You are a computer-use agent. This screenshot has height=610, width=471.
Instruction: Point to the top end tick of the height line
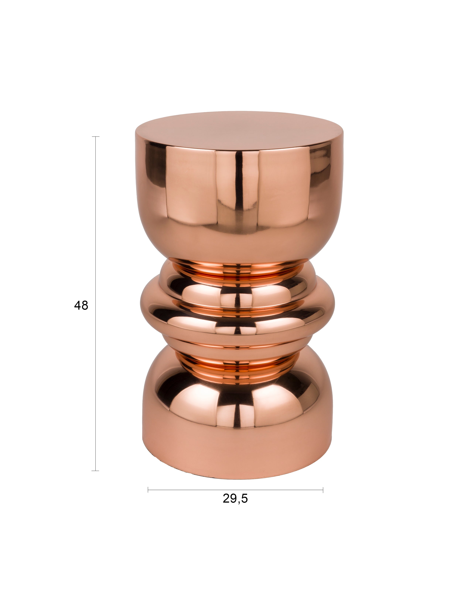[x=95, y=137]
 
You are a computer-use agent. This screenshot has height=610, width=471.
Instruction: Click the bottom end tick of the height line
[x=95, y=471]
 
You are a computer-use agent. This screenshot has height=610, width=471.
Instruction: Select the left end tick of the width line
[x=148, y=490]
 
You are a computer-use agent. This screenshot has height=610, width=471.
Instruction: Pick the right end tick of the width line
[x=323, y=490]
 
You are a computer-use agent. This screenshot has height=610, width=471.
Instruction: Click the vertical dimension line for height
[x=95, y=304]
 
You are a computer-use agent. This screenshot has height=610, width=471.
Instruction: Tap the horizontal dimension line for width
[x=235, y=490]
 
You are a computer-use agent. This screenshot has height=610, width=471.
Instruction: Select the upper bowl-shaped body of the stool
[x=239, y=201]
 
